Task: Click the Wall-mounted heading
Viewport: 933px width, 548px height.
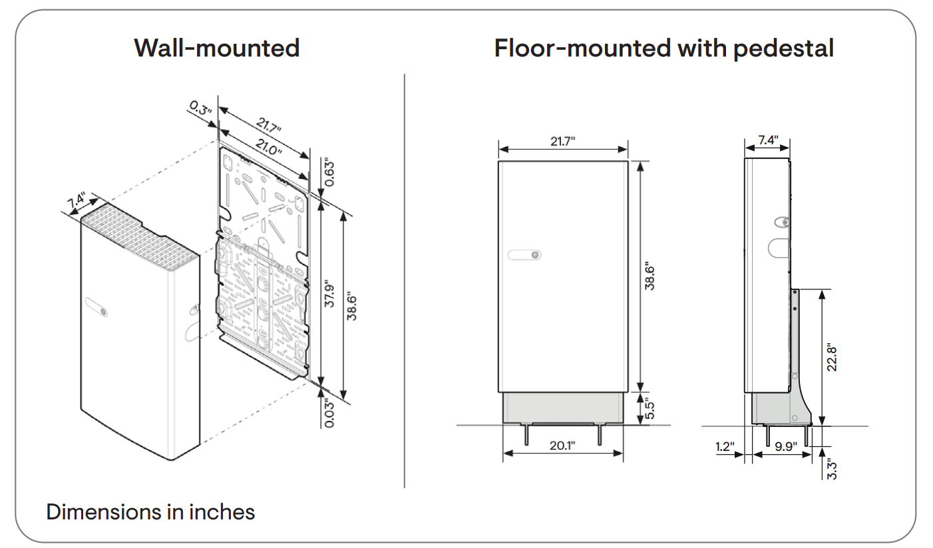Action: pos(216,48)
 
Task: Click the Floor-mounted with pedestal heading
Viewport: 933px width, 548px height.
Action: pos(663,48)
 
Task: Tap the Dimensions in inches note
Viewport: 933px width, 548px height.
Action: pos(150,511)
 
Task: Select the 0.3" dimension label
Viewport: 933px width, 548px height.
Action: pos(200,108)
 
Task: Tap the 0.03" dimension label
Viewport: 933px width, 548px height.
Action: pos(329,412)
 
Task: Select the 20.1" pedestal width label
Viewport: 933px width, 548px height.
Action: pos(562,445)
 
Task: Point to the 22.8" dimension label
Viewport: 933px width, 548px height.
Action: pos(831,357)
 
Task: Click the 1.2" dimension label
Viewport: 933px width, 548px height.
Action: pos(725,447)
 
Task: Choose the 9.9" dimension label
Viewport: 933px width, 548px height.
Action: pos(786,447)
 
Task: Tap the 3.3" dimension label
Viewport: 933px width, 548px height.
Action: pos(831,467)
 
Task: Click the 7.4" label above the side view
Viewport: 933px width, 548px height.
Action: pos(767,140)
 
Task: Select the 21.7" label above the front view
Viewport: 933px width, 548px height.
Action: pos(562,140)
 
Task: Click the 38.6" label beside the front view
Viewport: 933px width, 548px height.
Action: pos(650,276)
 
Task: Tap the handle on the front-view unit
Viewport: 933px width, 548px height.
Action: pos(524,255)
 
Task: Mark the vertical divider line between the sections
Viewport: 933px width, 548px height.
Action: pos(405,279)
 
